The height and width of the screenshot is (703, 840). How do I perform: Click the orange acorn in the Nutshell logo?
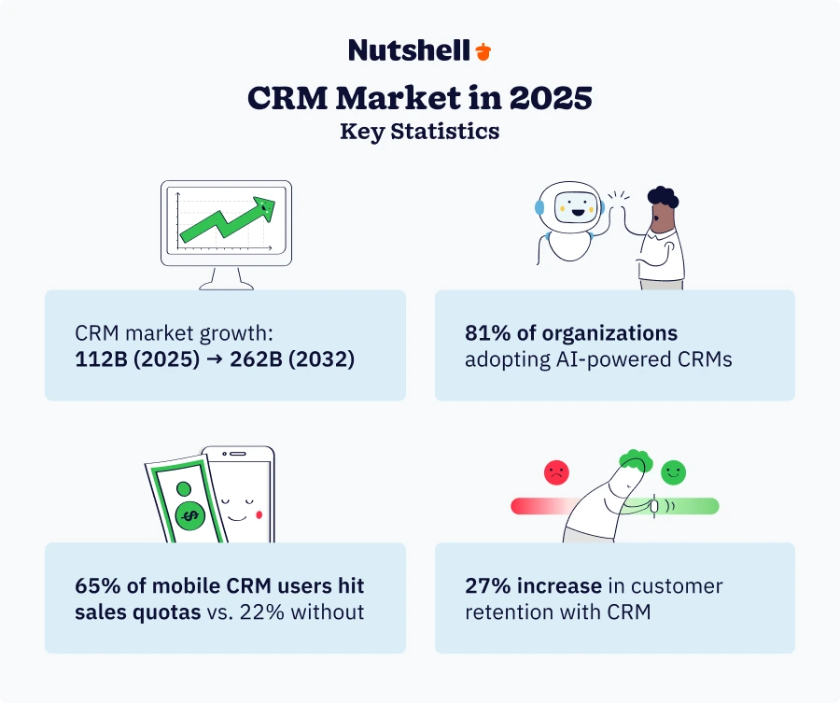[x=483, y=50]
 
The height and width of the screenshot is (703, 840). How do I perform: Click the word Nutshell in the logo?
[x=409, y=50]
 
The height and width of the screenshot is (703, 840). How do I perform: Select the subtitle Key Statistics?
[x=420, y=131]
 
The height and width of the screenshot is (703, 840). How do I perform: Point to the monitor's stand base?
[x=225, y=284]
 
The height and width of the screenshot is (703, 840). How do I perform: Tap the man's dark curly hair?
[x=664, y=198]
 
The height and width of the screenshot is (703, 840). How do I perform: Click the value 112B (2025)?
[x=135, y=359]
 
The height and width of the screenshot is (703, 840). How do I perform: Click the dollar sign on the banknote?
[x=190, y=514]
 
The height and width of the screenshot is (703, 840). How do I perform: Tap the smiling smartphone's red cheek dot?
[x=259, y=514]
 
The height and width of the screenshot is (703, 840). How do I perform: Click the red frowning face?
[x=556, y=472]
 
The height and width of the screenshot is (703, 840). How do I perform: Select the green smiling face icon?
[x=672, y=472]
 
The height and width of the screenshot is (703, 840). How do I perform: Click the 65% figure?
[x=94, y=586]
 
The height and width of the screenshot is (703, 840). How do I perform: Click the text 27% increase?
[x=533, y=586]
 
